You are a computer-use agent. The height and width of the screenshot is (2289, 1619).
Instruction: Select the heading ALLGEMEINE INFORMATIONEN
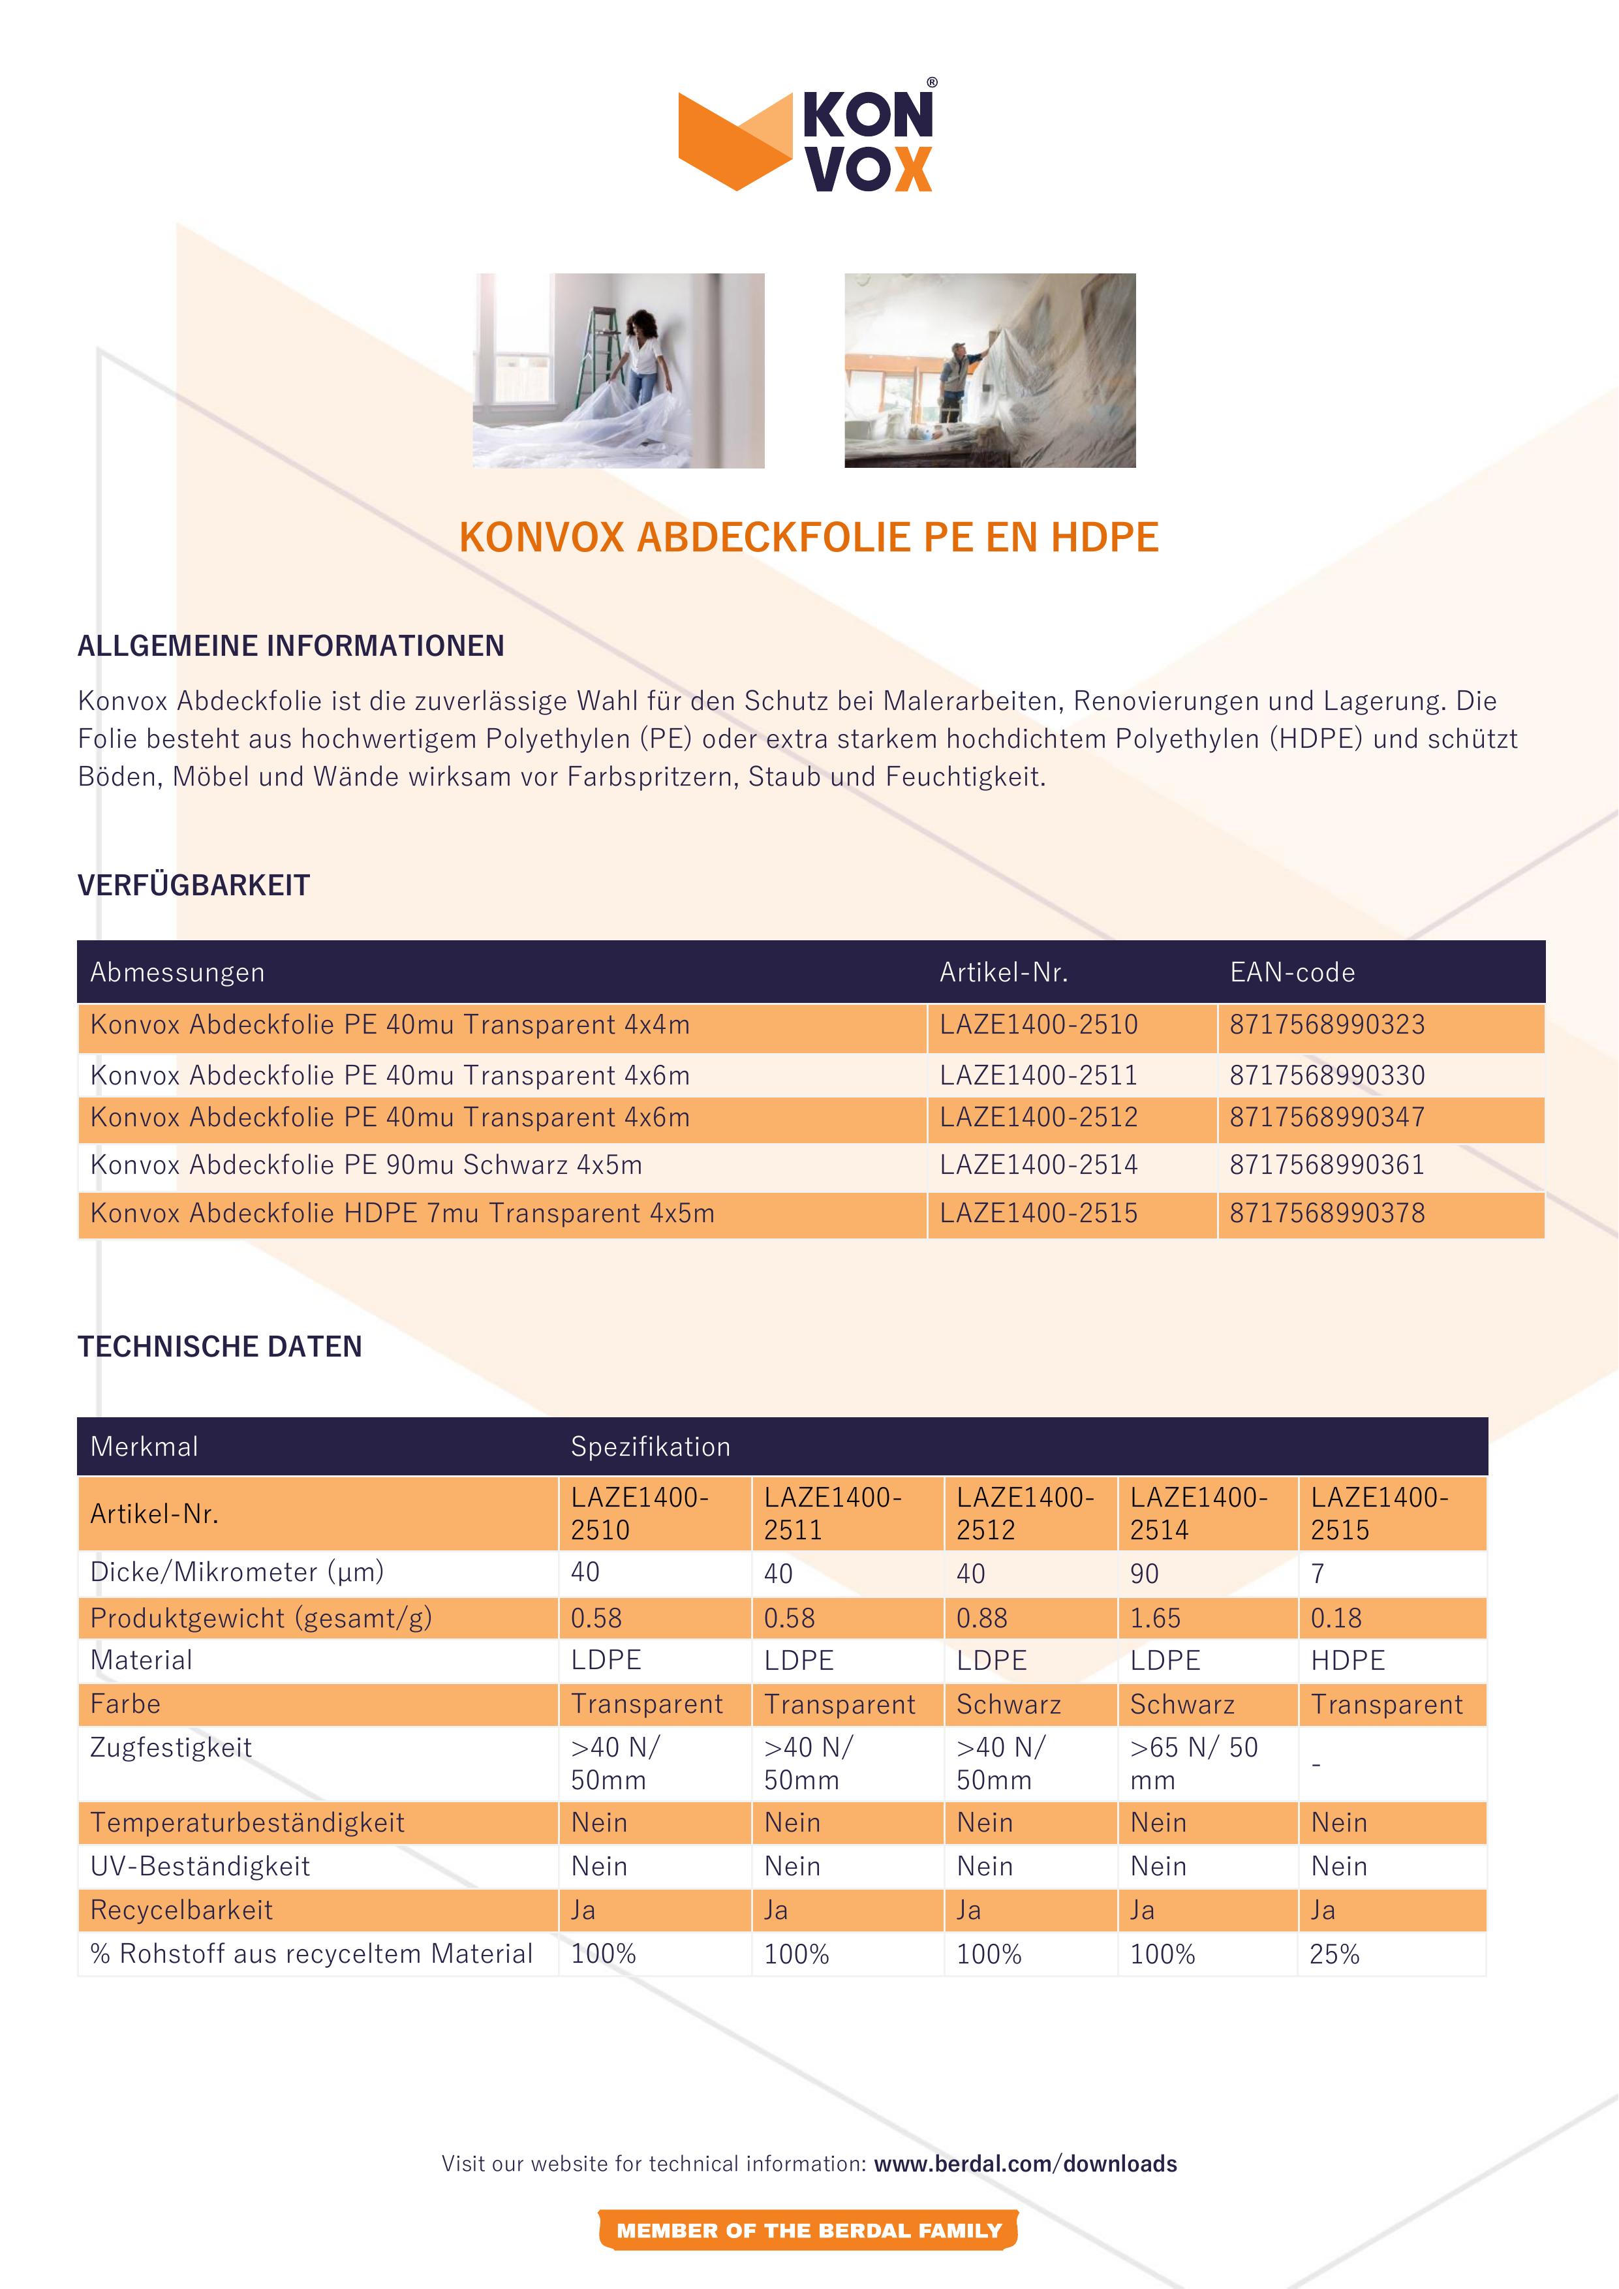291,646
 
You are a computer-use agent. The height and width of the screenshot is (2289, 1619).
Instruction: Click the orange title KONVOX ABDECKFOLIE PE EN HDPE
809,538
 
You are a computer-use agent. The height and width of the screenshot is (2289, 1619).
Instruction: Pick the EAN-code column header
1292,972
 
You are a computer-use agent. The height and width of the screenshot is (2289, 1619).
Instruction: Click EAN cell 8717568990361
1327,1165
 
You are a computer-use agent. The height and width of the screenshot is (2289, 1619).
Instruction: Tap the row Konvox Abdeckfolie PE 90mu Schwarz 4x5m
367,1165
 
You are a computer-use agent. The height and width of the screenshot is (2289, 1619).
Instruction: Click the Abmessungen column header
177,972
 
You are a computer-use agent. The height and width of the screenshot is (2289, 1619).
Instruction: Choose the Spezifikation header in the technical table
650,1447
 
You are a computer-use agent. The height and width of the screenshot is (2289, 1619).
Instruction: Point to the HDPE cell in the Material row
1348,1660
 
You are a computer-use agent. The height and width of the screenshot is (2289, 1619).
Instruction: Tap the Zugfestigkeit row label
170,1747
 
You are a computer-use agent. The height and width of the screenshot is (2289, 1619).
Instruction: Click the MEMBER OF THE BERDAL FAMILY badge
809,2230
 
